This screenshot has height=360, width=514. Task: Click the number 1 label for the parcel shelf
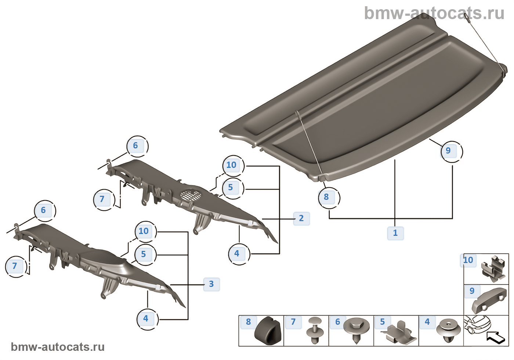pos(395,233)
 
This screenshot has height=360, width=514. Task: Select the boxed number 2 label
pos(301,218)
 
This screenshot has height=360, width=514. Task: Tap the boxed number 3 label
pos(211,284)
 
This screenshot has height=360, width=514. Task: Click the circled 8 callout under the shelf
pos(327,197)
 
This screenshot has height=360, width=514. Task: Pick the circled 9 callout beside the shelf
pos(449,151)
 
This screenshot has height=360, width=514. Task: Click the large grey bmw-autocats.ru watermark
pos(434,13)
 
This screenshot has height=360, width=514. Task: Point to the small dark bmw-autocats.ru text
pos(58,347)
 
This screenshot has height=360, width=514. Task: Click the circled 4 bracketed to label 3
pos(146,318)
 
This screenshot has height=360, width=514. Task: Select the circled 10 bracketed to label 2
pos(232,165)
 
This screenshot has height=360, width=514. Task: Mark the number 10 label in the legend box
pos(468,260)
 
